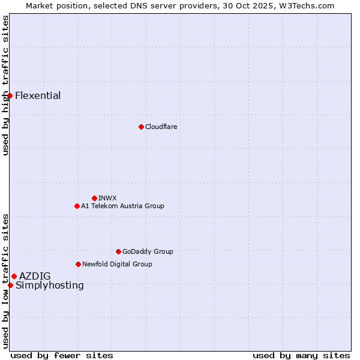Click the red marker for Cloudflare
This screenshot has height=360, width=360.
[x=141, y=127]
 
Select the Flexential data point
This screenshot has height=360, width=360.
[x=10, y=95]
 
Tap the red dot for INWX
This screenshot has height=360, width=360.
[x=94, y=198]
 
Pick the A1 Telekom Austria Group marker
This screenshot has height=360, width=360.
[x=77, y=206]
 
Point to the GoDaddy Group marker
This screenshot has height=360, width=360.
[x=118, y=251]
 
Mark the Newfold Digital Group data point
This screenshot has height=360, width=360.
[x=78, y=264]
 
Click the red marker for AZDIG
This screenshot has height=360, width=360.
[x=14, y=276]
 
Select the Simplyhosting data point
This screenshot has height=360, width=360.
[x=10, y=285]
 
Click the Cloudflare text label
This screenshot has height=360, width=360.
[x=161, y=127]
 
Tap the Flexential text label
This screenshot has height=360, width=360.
[x=38, y=95]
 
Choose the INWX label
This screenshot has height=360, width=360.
[x=107, y=198]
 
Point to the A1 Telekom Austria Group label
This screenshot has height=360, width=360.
[x=122, y=206]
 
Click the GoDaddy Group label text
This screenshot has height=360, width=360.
[x=148, y=251]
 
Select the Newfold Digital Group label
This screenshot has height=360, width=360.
[x=117, y=264]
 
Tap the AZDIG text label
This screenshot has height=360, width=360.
[x=35, y=276]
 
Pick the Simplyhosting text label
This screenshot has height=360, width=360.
[x=50, y=285]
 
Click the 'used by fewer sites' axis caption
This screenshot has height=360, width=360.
[x=62, y=355]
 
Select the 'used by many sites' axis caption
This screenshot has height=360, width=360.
[x=301, y=355]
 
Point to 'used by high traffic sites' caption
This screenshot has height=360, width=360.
[x=6, y=85]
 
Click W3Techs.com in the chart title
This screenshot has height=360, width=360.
[x=305, y=5]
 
